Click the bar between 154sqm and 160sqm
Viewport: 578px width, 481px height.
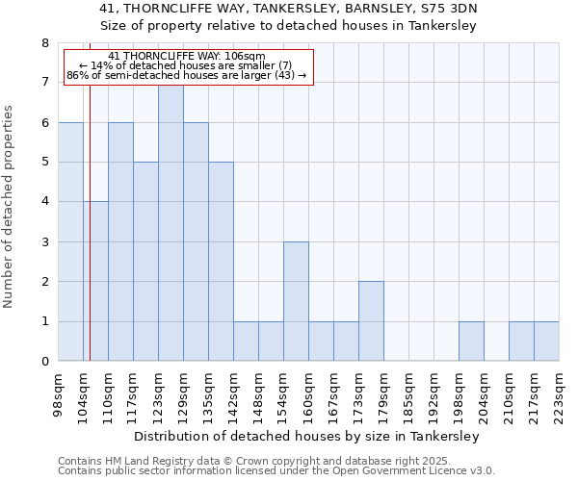coord(296,301)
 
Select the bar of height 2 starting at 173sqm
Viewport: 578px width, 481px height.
coord(371,321)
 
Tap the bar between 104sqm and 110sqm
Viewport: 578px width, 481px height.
coord(95,281)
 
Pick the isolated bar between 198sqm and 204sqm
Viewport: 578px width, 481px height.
coord(471,342)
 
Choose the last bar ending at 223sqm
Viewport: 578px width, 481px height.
coord(546,342)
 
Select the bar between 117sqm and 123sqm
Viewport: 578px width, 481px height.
coord(145,262)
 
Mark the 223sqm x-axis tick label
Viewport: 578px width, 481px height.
coord(560,391)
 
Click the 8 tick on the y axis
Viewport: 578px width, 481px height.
coord(44,43)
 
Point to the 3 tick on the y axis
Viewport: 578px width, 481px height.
coord(44,242)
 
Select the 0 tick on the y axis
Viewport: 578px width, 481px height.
coord(44,362)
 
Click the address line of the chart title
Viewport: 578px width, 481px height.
coord(288,9)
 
